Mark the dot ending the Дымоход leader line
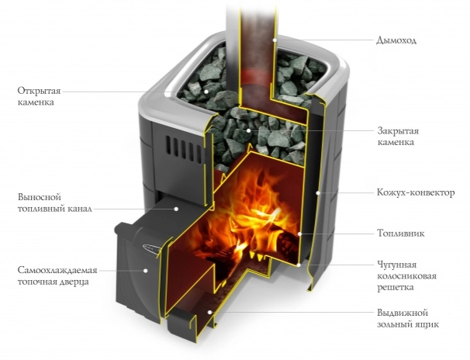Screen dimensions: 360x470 pos(275,39)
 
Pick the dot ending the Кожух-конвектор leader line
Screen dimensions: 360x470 pos(318,191)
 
